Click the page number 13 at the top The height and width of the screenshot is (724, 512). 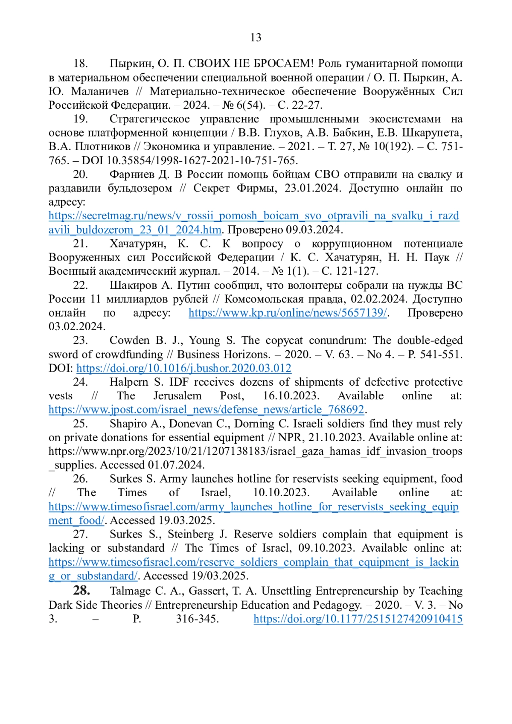coord(256,38)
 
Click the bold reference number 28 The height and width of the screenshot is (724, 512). coord(81,590)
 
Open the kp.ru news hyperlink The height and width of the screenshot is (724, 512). coord(288,313)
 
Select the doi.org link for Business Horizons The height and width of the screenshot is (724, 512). coord(183,368)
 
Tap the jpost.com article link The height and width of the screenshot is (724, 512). coord(207,410)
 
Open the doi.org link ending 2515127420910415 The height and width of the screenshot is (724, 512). coord(358,619)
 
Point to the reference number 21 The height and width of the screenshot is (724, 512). coord(80,244)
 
